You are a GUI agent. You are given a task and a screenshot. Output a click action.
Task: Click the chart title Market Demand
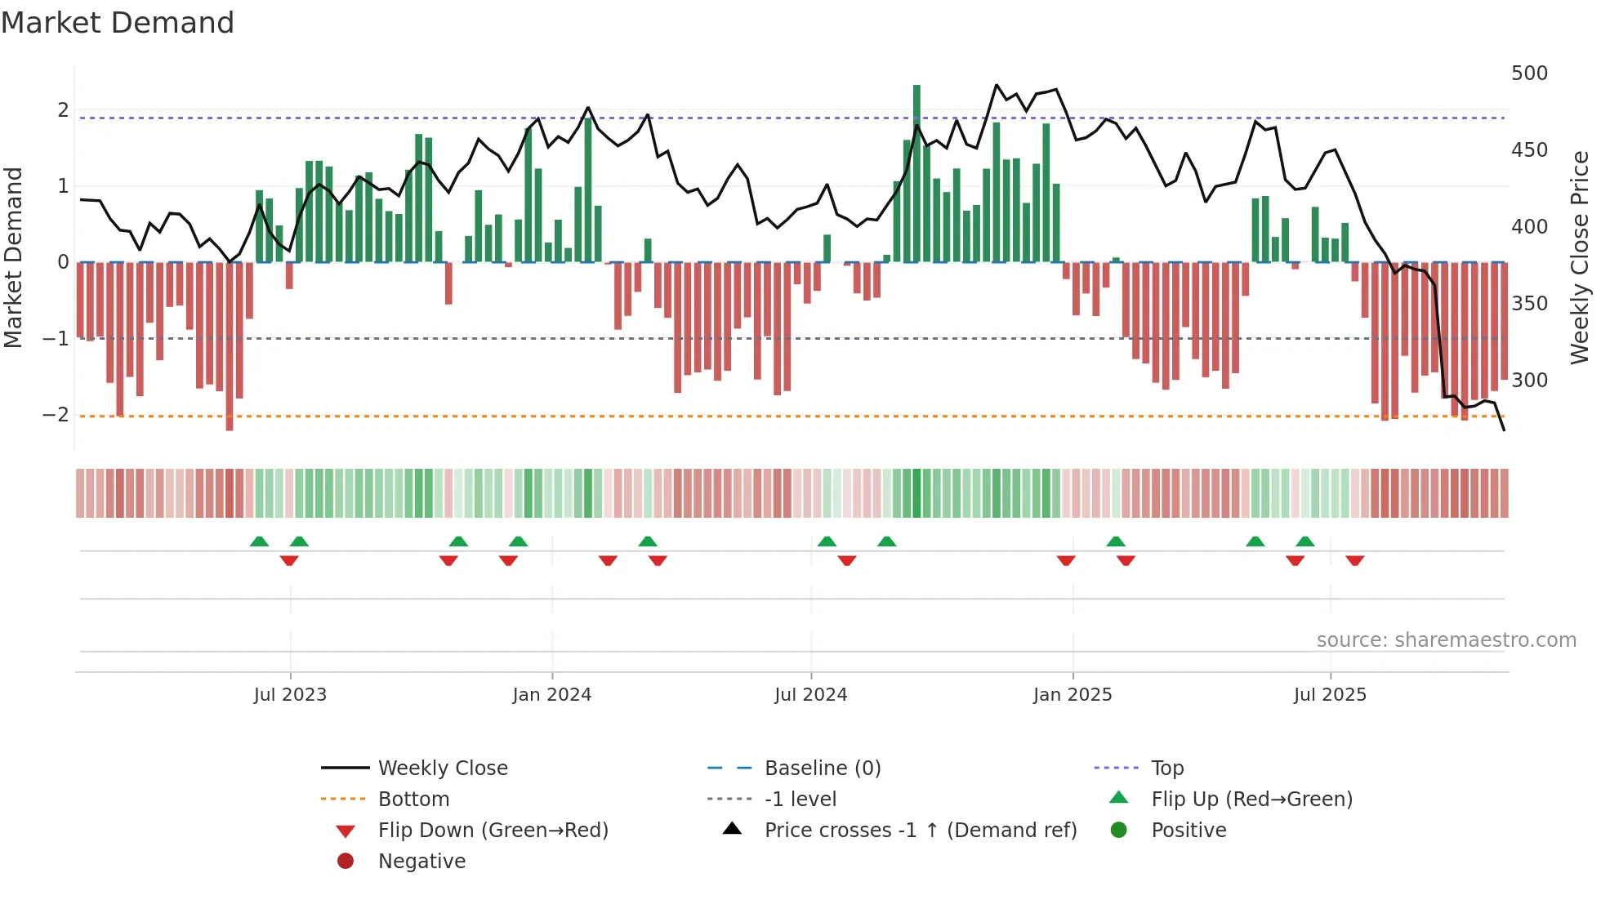(118, 23)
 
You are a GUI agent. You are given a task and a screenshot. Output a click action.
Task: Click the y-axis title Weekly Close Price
(1580, 257)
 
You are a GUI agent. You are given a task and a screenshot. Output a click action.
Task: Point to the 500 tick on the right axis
(1529, 74)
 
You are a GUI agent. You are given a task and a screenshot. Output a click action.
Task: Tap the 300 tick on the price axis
(1529, 381)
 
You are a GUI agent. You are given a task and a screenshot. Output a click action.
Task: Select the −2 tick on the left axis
(56, 415)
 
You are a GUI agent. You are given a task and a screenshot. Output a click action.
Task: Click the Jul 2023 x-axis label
(290, 695)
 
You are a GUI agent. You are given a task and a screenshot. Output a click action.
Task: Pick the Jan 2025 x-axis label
(1072, 695)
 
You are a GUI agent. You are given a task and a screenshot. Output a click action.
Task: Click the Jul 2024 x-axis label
(810, 695)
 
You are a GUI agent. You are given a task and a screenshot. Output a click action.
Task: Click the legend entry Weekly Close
(442, 769)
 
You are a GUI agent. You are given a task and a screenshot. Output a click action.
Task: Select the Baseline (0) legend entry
(822, 769)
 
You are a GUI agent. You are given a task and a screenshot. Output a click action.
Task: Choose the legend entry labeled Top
(1166, 769)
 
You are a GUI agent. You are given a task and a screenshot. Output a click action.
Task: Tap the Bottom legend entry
(413, 800)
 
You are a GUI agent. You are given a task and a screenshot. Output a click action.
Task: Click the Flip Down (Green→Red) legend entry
(493, 831)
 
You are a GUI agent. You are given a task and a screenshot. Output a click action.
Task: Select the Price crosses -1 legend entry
(920, 831)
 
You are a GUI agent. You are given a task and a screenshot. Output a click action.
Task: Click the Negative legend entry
(421, 862)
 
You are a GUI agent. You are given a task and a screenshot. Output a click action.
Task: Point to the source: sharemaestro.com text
(1446, 640)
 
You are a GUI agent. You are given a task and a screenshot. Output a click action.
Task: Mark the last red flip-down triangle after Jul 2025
(1355, 560)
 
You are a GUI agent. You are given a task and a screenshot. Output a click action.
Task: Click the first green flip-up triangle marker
(259, 541)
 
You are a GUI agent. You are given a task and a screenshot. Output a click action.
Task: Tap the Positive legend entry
(1188, 831)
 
